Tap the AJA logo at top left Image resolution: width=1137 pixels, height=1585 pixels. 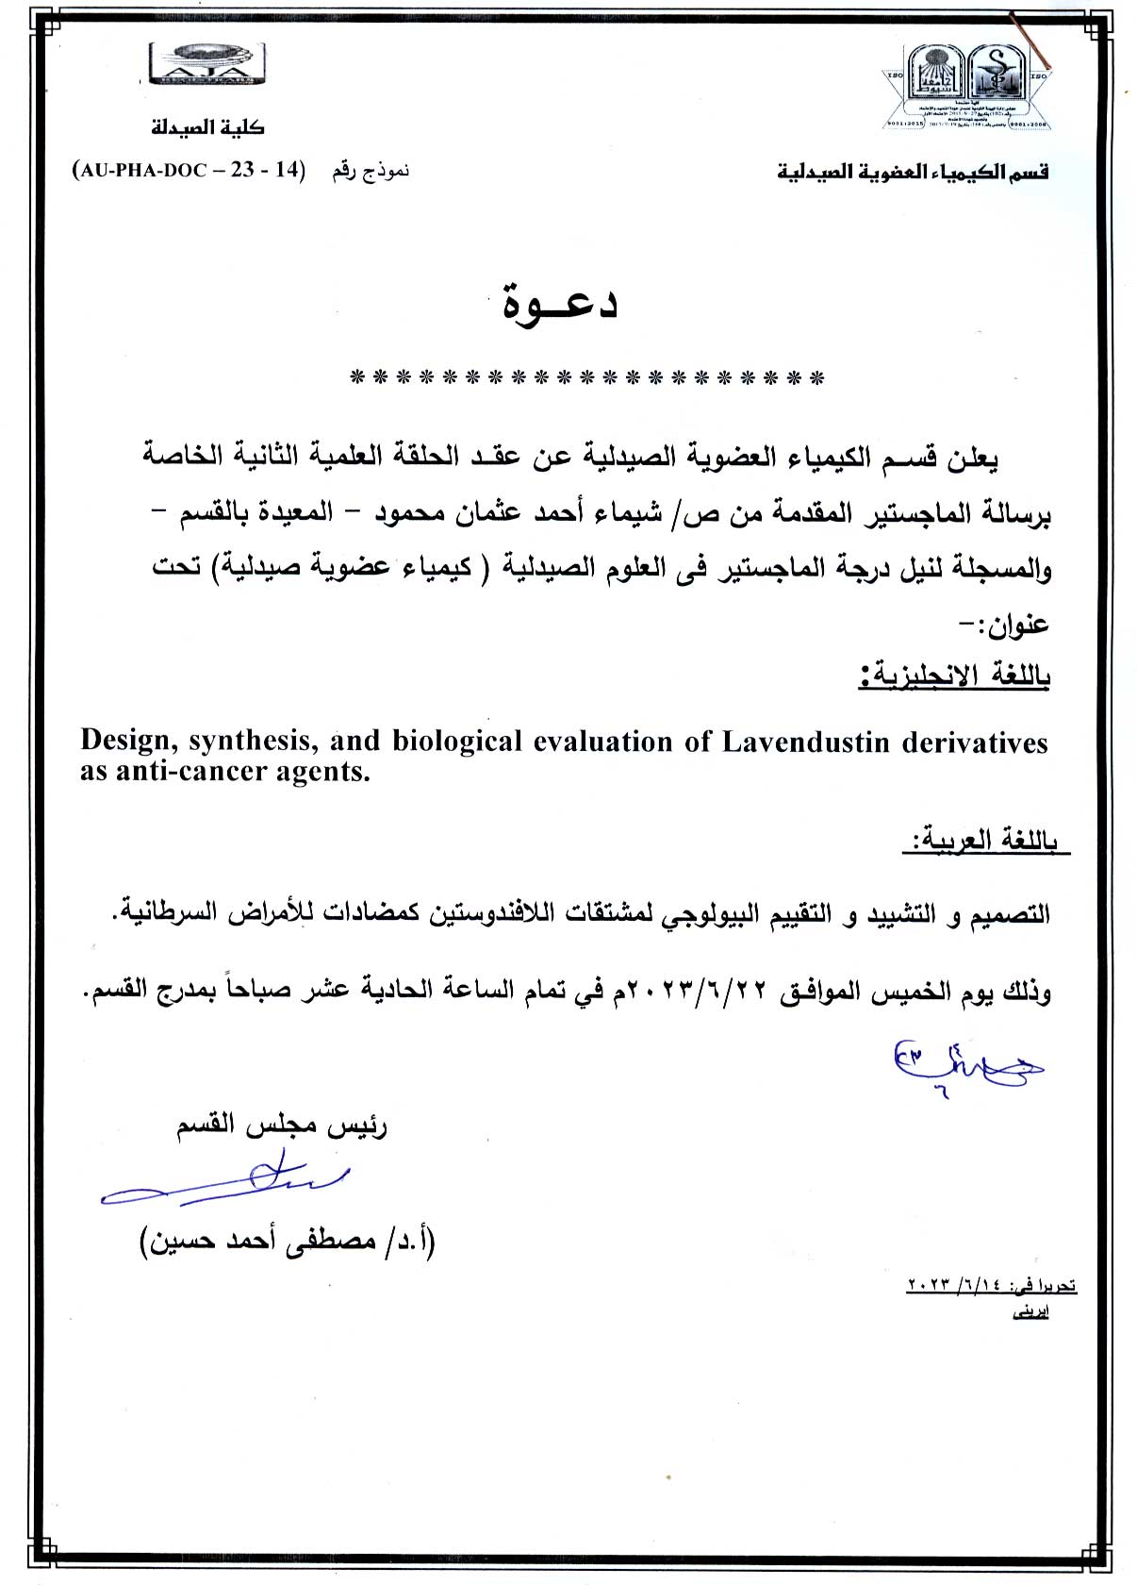(207, 65)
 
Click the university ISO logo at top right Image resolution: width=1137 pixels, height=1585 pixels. (967, 87)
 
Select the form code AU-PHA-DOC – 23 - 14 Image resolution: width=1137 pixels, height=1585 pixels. (189, 171)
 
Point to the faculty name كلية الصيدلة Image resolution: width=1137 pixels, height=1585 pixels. (208, 126)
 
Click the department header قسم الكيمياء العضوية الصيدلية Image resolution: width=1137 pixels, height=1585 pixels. (913, 172)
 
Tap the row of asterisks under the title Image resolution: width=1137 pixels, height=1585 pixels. (586, 379)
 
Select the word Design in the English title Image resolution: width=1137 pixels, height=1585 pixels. (129, 742)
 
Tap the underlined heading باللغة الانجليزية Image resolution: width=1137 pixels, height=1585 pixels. (954, 676)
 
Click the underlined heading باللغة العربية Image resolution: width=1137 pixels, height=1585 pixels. (984, 840)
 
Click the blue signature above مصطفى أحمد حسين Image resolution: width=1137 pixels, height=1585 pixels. (226, 1184)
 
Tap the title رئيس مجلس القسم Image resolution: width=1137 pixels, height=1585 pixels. (282, 1126)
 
